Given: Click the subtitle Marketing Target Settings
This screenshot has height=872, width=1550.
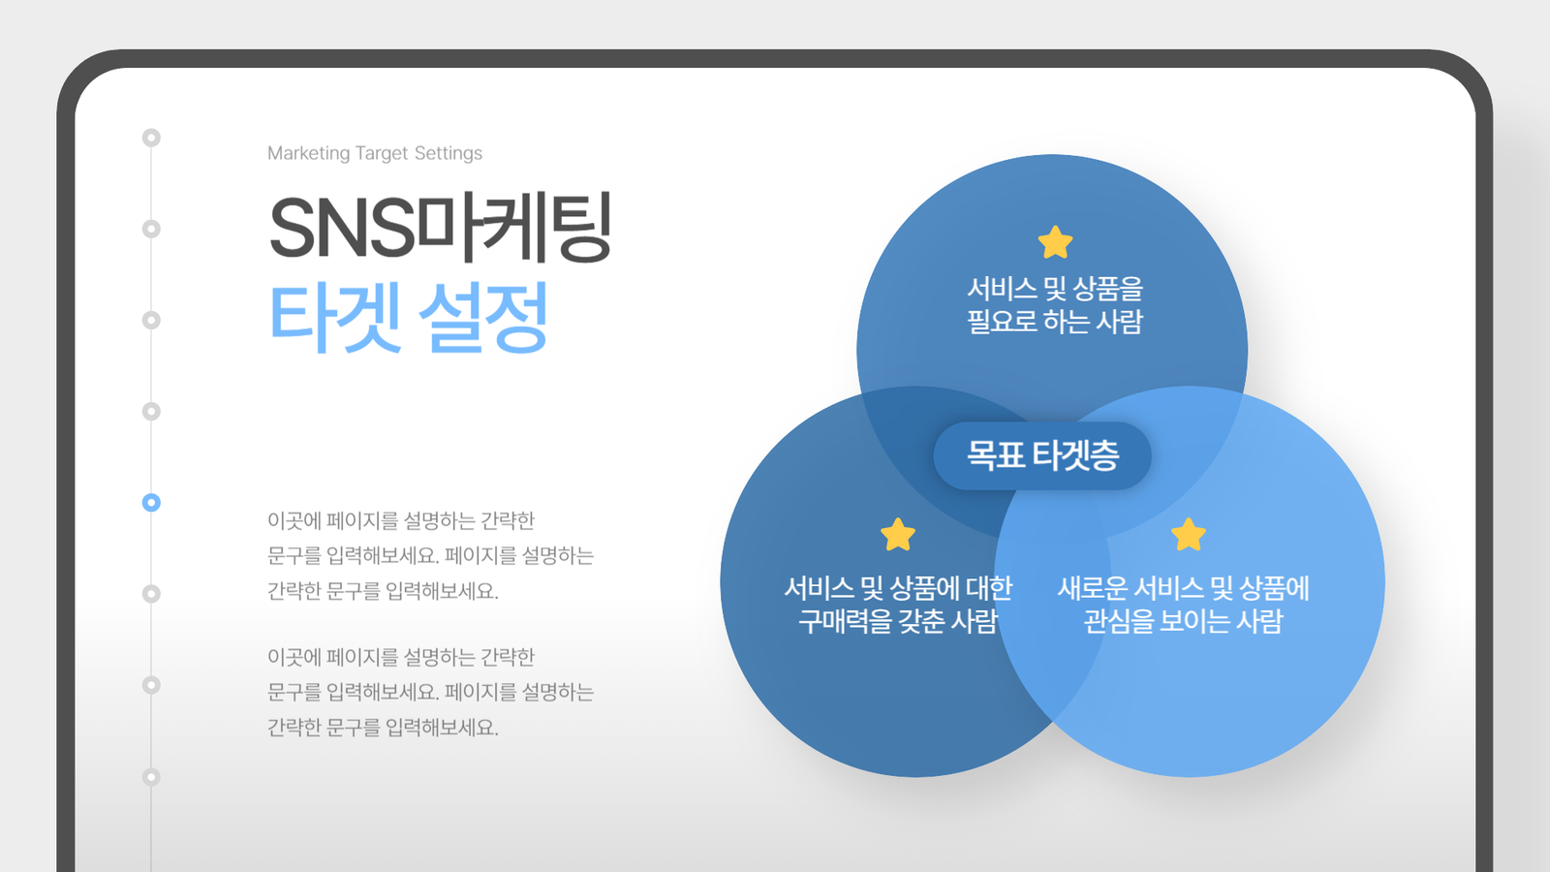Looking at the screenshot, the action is click(x=374, y=153).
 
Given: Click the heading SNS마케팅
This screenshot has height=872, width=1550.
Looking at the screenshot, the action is click(x=441, y=228).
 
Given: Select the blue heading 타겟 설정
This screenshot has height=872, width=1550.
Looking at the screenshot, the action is click(x=408, y=318).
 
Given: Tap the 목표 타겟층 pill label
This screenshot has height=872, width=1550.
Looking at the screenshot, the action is click(x=1042, y=455).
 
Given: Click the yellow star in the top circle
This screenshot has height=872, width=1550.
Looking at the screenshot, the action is click(x=1055, y=242).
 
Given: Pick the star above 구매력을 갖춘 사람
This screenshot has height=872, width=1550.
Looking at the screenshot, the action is click(x=897, y=535).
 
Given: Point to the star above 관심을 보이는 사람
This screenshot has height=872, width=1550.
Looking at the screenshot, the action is click(x=1188, y=535).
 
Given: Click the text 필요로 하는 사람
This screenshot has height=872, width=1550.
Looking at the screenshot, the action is click(x=1055, y=322).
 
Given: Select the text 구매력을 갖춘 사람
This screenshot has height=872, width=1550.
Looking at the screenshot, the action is click(x=897, y=621).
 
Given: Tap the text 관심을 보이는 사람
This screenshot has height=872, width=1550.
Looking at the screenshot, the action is click(x=1183, y=621).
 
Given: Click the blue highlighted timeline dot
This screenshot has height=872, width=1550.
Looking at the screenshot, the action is click(x=151, y=503).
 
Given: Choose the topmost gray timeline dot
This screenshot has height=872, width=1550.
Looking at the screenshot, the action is click(x=151, y=138).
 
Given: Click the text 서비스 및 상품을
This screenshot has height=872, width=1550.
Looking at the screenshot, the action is click(x=1055, y=289).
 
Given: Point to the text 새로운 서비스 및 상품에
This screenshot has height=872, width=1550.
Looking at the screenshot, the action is click(x=1183, y=588).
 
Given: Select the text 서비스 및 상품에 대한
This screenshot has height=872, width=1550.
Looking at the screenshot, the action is click(x=897, y=588).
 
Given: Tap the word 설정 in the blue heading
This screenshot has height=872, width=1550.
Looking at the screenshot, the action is click(x=483, y=318).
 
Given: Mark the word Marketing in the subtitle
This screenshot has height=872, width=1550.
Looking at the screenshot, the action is click(x=309, y=153).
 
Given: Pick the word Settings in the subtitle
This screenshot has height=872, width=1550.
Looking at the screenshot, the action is click(x=449, y=153).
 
